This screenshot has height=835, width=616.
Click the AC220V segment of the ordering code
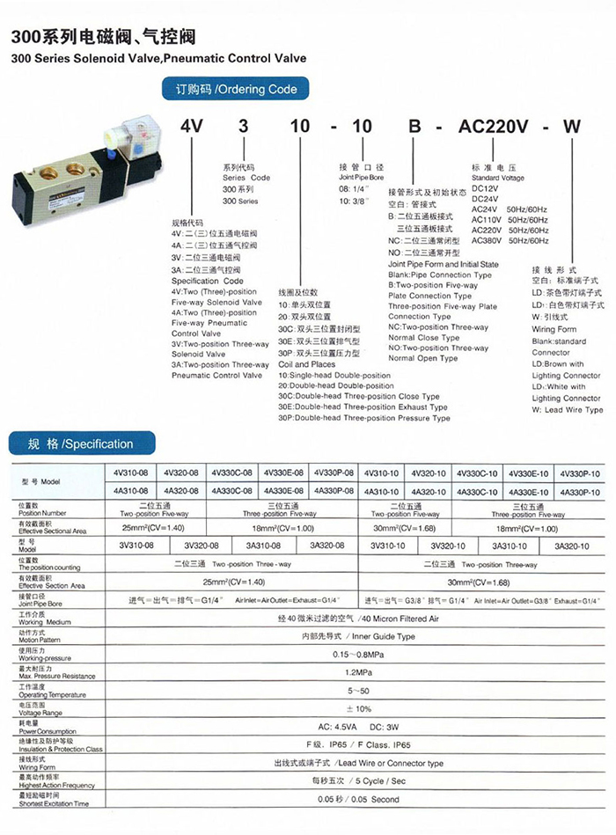click(493, 125)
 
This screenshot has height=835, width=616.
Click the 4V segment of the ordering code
click(192, 125)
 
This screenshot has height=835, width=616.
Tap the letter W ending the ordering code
click(572, 125)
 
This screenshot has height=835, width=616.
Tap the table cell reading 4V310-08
click(132, 473)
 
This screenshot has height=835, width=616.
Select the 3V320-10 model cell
click(449, 546)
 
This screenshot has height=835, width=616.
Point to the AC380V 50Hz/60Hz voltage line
click(510, 240)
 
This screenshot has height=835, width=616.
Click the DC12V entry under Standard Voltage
click(487, 187)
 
